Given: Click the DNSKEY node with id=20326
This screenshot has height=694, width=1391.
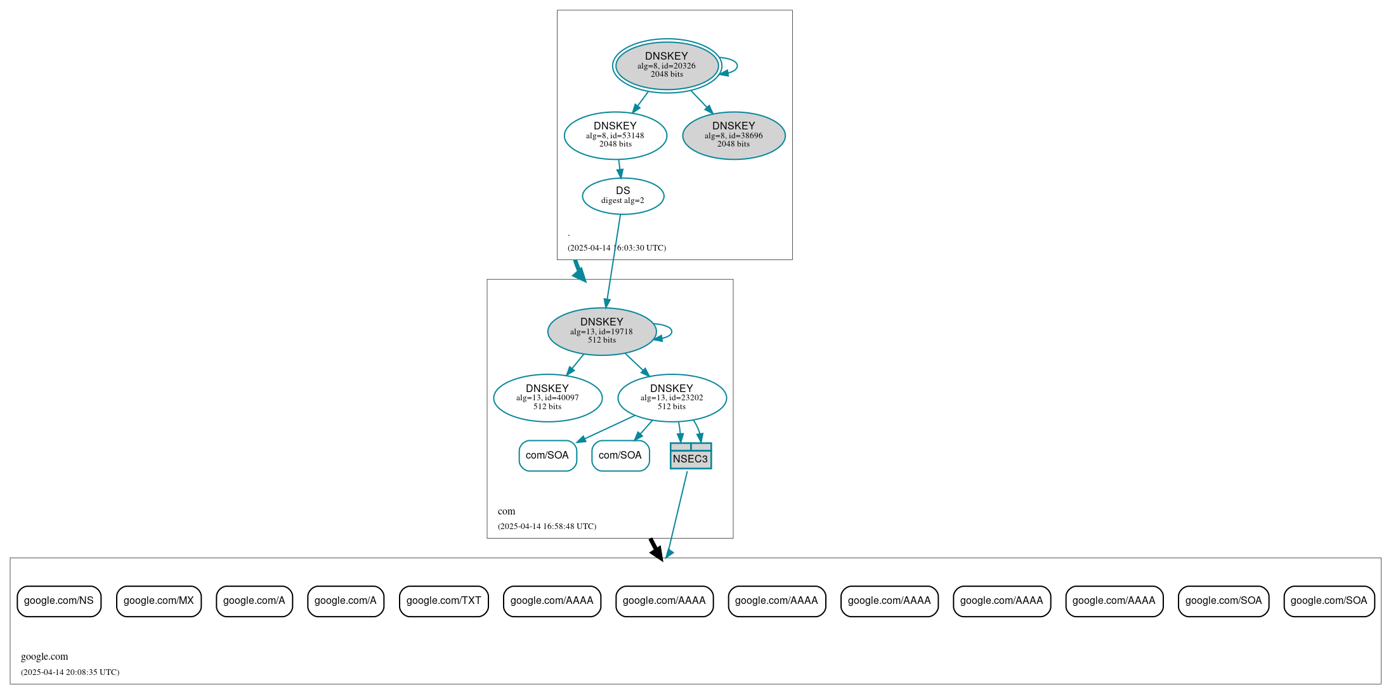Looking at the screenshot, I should point(667,65).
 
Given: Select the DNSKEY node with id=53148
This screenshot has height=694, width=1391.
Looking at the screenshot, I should point(615,135).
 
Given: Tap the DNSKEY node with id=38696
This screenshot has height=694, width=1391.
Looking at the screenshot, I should point(734,135).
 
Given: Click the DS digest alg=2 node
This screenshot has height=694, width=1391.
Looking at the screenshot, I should point(623,195).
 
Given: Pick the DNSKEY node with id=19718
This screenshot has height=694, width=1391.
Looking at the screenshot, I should point(601,331).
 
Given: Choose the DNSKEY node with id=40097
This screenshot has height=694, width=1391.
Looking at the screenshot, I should point(547,398).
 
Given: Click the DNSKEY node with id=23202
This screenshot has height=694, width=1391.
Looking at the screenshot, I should point(672,398).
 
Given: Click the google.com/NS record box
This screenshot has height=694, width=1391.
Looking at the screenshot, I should point(59,601).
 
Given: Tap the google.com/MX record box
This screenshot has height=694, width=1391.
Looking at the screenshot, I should point(159,601).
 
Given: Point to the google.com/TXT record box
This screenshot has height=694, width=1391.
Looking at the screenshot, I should point(443,601).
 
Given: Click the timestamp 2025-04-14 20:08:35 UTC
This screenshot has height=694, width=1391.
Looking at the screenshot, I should point(70,672).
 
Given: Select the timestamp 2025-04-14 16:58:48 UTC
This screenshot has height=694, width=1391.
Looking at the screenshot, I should point(547,526).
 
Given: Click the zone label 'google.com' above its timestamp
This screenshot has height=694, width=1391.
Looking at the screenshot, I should point(44,657).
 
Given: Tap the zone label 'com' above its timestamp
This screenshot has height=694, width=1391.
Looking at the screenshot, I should point(506,511).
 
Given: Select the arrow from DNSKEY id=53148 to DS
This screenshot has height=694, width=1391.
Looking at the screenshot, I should point(620,169).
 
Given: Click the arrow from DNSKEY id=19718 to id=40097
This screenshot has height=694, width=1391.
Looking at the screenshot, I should point(575,365).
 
